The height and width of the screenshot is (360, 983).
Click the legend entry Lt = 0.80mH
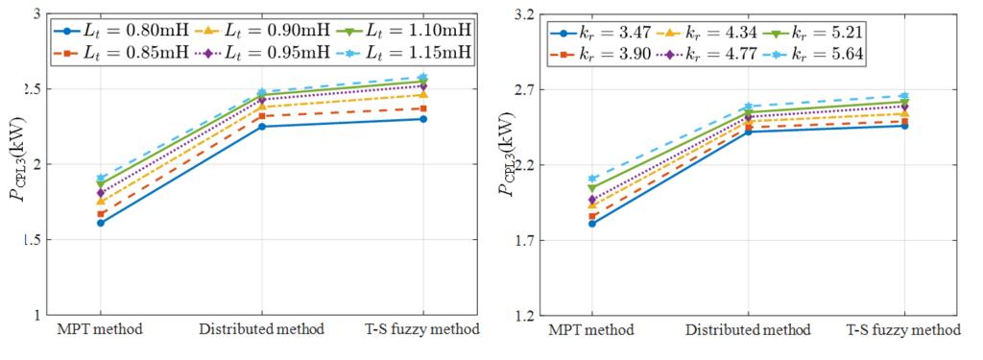pyautogui.click(x=123, y=30)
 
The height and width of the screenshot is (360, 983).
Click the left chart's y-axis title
pyautogui.click(x=18, y=165)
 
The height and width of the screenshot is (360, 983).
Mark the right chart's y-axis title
pyautogui.click(x=507, y=165)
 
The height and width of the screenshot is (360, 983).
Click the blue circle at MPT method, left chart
pyautogui.click(x=101, y=223)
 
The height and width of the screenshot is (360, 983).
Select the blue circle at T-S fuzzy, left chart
pyautogui.click(x=423, y=119)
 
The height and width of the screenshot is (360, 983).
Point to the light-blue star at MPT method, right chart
pyautogui.click(x=591, y=179)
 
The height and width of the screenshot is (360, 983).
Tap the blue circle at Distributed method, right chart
pyautogui.click(x=749, y=132)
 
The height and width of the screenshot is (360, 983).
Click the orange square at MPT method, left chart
pyautogui.click(x=101, y=214)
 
